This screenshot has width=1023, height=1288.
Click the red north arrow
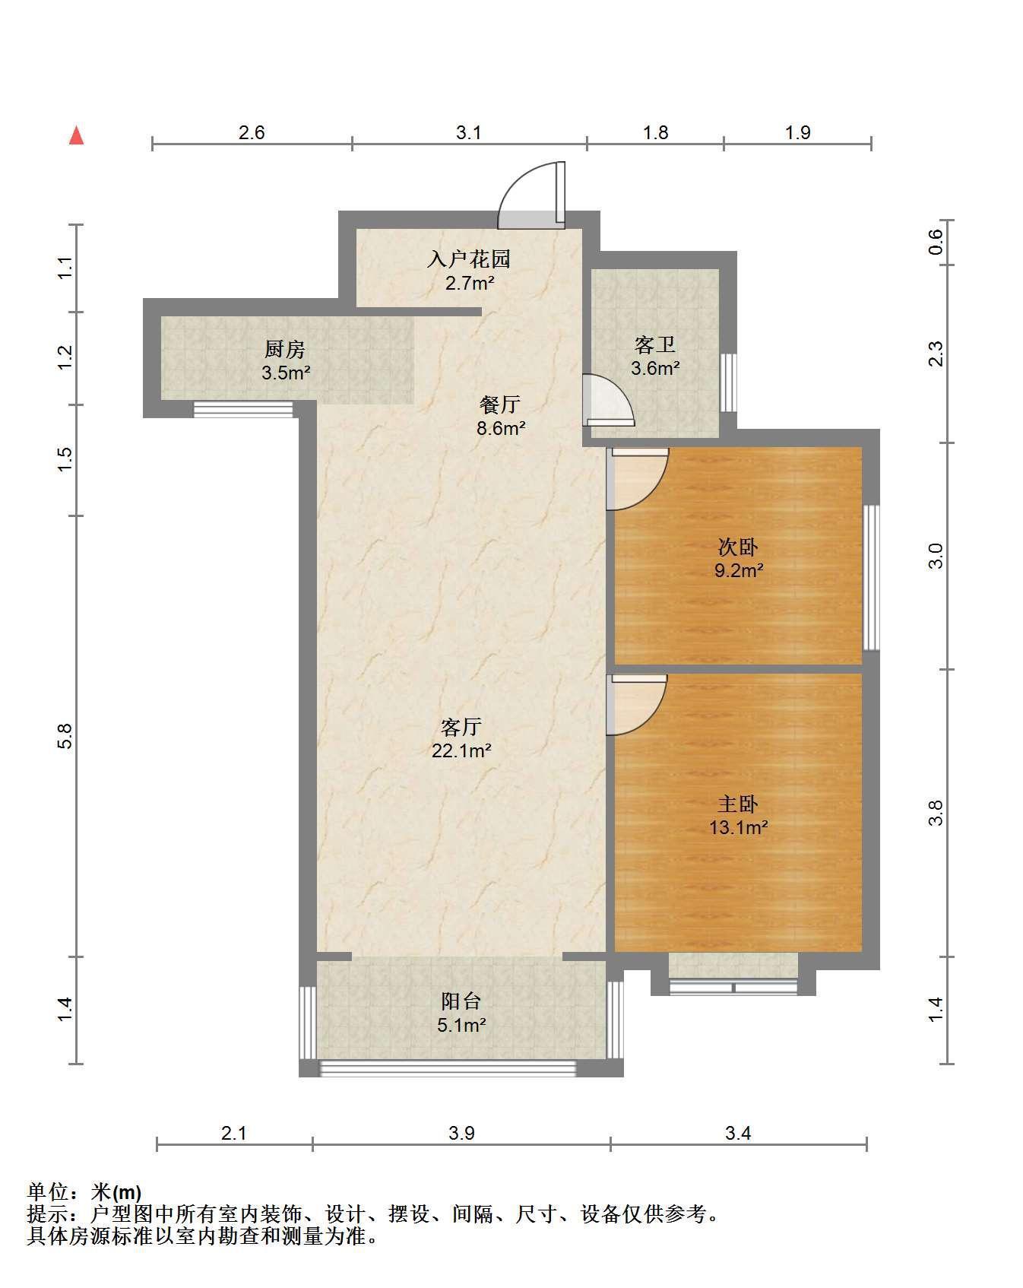[76, 135]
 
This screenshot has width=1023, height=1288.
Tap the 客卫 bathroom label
[655, 345]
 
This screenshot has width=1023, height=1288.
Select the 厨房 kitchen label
[285, 349]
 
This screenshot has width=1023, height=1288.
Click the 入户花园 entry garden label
[469, 259]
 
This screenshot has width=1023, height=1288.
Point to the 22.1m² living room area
[461, 751]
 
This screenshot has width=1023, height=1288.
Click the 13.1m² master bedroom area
[738, 827]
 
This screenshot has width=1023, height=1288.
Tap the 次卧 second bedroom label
[738, 547]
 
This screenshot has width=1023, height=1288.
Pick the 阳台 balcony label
[461, 1001]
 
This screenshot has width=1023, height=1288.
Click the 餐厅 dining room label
[500, 404]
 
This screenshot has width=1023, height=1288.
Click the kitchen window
[243, 409]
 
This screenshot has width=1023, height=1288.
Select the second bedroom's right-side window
[872, 578]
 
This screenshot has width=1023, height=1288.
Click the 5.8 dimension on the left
[65, 736]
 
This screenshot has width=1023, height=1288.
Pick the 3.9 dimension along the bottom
[461, 1133]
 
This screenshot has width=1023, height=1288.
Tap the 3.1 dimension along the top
[469, 132]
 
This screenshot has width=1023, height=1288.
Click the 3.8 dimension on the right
[936, 813]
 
